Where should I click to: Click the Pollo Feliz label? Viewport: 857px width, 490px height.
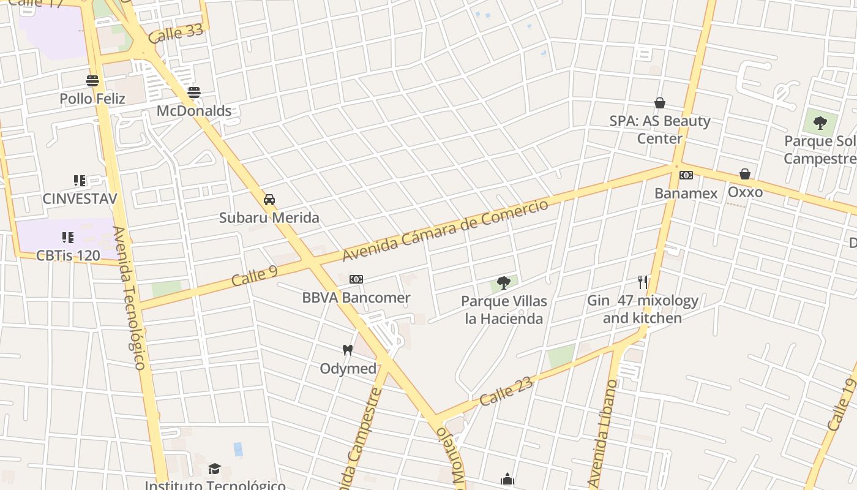92,99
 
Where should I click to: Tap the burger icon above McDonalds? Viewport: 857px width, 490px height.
194,92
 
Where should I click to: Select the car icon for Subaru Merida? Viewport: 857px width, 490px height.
269,200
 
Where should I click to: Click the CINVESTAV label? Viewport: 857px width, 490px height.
80,198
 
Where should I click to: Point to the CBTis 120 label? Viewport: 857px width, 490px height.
68,255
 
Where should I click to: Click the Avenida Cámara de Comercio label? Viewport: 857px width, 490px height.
445,230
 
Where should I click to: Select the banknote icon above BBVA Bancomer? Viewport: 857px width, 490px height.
356,279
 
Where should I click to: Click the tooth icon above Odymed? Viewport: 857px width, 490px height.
348,350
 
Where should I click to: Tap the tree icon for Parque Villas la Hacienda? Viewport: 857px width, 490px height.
504,283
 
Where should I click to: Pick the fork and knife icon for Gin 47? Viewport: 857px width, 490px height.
643,282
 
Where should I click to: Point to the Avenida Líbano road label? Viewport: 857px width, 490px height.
601,434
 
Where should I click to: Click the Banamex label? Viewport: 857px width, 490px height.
686,194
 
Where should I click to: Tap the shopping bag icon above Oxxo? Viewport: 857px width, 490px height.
745,175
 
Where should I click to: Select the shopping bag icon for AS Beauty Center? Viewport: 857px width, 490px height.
660,103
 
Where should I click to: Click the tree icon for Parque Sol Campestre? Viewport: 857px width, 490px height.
820,123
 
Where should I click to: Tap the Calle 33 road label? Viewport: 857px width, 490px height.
176,33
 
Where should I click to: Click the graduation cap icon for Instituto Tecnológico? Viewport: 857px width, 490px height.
214,469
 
